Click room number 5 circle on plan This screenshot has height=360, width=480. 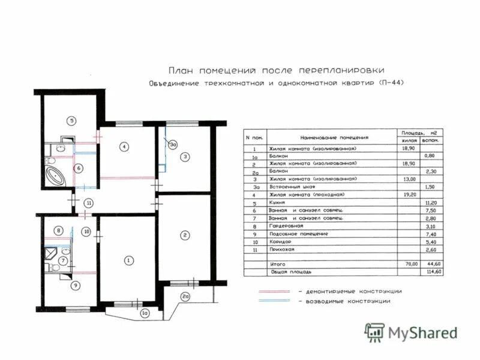(71, 121)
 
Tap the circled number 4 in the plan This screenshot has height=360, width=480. (123, 146)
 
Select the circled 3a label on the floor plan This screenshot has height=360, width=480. (173, 144)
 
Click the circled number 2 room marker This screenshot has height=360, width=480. (186, 235)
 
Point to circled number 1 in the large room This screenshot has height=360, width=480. (128, 260)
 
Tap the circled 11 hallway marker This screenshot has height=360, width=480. (88, 202)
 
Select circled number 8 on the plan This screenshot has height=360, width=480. (58, 230)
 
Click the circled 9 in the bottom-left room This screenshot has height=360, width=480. (75, 285)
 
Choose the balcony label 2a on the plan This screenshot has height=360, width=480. (186, 296)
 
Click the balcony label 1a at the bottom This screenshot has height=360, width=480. (144, 313)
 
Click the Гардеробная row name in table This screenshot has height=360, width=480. (286, 226)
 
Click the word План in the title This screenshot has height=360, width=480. (181, 70)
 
